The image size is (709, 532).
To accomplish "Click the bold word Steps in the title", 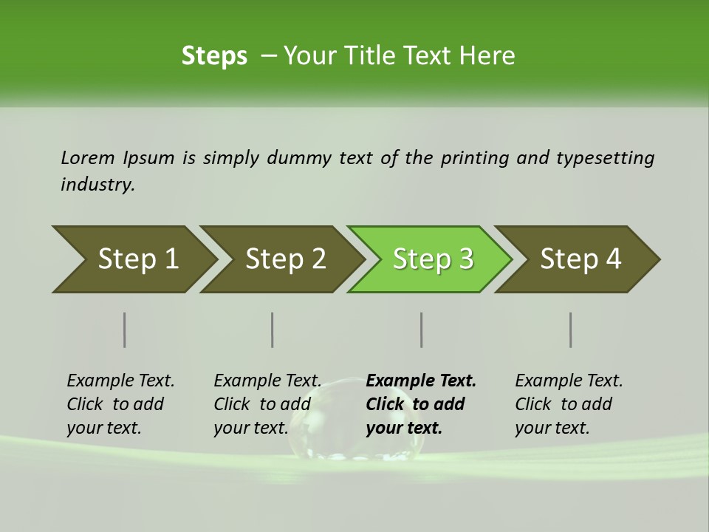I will pos(214,56).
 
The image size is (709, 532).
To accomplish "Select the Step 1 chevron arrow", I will pos(133,259).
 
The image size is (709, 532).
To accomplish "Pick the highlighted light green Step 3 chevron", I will pos(431,259).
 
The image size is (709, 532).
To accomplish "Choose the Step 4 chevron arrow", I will pos(578,259).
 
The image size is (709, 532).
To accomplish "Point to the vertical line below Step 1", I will pos(125,330).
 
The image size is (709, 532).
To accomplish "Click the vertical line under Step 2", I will pos(273,330).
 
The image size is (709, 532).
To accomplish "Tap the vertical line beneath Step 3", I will pos(422,330).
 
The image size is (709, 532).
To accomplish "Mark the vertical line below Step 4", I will pos(571,330).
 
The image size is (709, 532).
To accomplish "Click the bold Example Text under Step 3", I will pos(421,381).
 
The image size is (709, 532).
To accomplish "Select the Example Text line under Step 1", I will pos(120,381).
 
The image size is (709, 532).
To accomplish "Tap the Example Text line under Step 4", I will pos(569,381).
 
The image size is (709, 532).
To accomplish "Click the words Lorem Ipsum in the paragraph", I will pos(117,158).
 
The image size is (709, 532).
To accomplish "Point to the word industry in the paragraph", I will pos(97,185).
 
